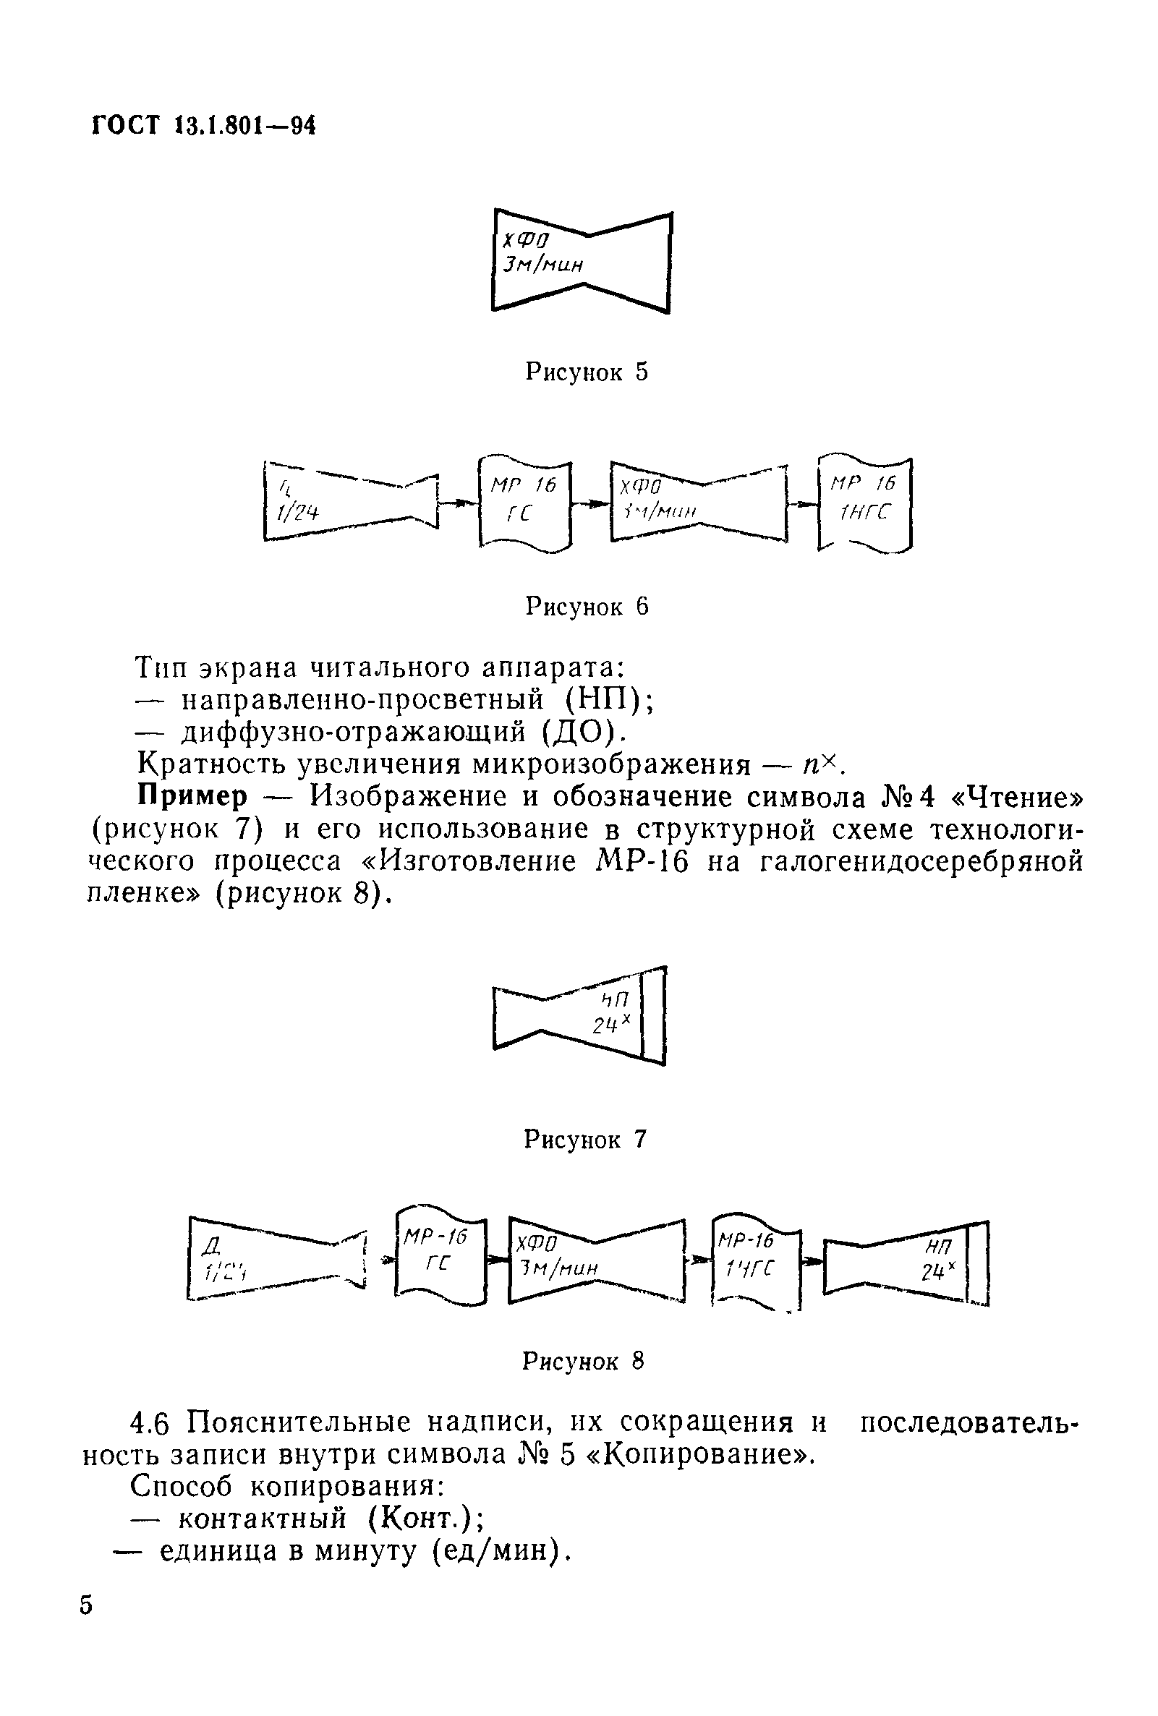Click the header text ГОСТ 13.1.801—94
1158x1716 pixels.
pos(204,127)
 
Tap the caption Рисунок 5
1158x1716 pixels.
pos(587,372)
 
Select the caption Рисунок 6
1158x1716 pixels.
pos(587,607)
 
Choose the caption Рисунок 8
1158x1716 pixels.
pos(584,1360)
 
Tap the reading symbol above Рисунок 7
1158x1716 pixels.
pos(580,1015)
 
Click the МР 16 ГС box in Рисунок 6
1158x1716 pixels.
pos(525,503)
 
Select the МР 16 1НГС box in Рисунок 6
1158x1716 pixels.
pos(865,503)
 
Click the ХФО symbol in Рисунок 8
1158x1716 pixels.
pos(597,1261)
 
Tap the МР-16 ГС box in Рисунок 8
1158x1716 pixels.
pos(441,1258)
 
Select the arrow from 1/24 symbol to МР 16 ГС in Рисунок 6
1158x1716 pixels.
pos(459,503)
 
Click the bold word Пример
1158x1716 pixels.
pos(192,797)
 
